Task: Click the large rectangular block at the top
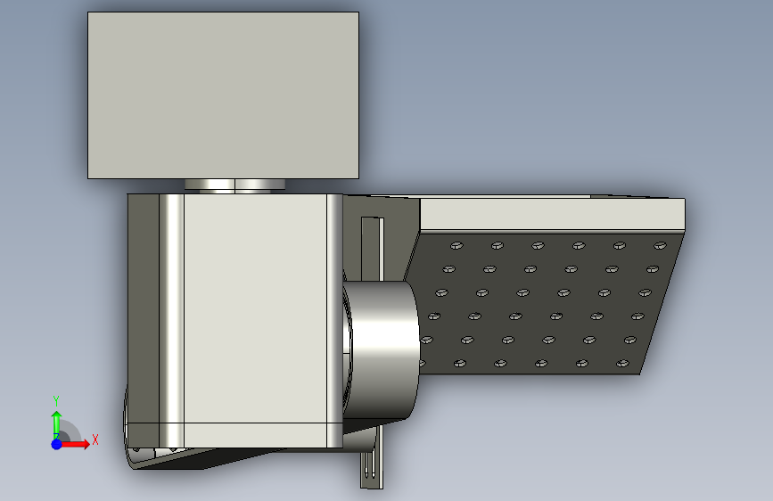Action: (223, 95)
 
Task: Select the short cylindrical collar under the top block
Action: (234, 185)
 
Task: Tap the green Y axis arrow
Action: (56, 424)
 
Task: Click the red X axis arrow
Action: (74, 444)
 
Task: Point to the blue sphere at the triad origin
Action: (57, 444)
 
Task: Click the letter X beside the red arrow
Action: (95, 439)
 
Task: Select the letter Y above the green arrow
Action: (56, 401)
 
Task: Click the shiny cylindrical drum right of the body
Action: (381, 350)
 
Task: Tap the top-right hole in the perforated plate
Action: (660, 245)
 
